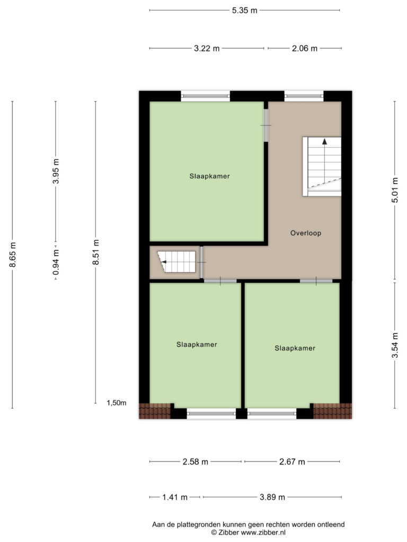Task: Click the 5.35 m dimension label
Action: tap(245, 11)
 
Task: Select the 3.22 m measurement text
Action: tap(207, 48)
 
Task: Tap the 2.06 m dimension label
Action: tap(305, 48)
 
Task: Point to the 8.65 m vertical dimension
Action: tap(13, 255)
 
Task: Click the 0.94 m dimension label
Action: tap(56, 263)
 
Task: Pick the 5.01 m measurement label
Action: tap(395, 190)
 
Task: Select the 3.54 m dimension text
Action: tap(395, 345)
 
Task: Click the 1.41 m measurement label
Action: tap(175, 497)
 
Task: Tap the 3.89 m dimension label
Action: tap(272, 497)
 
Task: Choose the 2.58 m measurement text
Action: tap(196, 462)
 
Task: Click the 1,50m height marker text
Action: tap(117, 403)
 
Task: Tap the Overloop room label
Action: tap(306, 233)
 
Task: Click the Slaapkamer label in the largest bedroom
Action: tap(209, 176)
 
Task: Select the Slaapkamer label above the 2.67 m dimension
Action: tap(295, 348)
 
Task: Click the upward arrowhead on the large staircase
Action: tap(324, 141)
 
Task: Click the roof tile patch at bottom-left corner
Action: tap(155, 411)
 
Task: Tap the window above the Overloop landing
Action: tap(304, 96)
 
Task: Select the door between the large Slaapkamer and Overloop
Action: tap(266, 125)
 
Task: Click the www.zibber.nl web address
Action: tap(263, 532)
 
